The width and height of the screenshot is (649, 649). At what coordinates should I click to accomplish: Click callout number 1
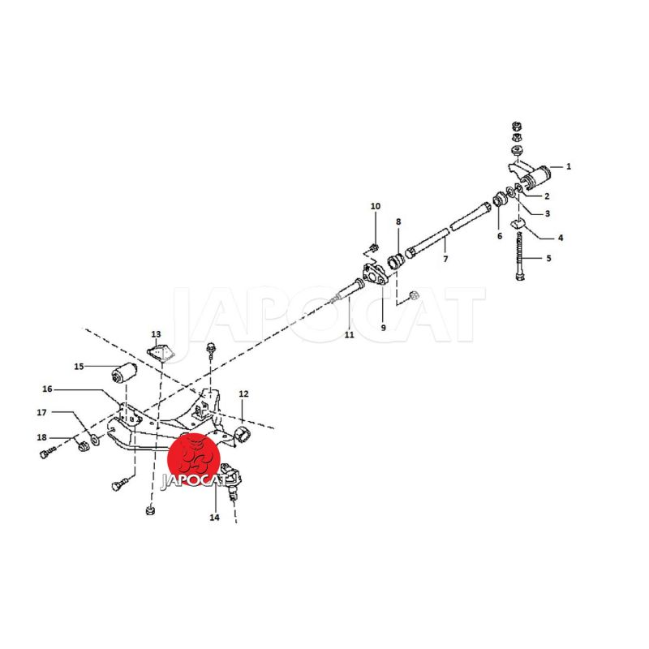coord(569,166)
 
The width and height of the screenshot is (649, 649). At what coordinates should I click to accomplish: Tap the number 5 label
coord(549,258)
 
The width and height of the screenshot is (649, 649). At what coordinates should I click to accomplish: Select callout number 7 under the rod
coord(445,259)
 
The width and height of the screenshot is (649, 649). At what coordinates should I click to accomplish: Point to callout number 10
coord(376,206)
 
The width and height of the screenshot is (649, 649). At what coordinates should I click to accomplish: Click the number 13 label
coord(156,334)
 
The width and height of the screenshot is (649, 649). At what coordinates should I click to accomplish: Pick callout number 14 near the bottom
coord(214,518)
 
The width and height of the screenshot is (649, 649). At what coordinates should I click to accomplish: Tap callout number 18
coord(42,437)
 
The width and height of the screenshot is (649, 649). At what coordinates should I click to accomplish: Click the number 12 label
coord(243,393)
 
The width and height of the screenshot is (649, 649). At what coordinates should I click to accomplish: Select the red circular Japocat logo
coord(194,459)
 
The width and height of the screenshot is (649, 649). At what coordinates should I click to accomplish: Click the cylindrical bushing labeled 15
coord(125,372)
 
